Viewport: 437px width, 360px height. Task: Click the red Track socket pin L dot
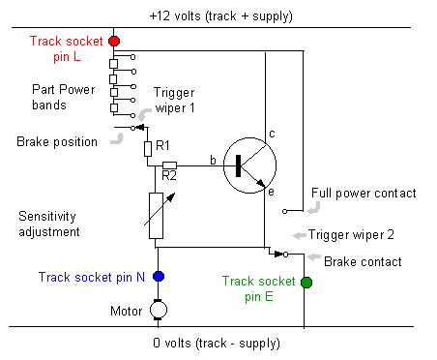tap(114, 42)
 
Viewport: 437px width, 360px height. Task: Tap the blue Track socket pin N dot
tap(159, 277)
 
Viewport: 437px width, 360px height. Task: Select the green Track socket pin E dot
tap(306, 283)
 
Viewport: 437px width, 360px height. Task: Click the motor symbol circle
tap(159, 310)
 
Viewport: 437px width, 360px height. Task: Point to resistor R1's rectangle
tap(148, 149)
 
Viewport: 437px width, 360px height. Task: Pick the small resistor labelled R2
tap(169, 165)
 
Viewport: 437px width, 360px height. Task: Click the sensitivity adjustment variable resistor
tap(156, 216)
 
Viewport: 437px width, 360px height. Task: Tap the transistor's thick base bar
tap(238, 165)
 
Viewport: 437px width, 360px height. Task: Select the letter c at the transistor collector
tap(272, 134)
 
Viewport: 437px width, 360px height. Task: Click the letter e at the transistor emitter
tap(271, 192)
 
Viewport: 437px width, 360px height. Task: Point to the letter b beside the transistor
tap(213, 160)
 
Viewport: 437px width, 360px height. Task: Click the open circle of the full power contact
tap(284, 211)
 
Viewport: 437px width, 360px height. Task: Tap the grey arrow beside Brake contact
tap(314, 257)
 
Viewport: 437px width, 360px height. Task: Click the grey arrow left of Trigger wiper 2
tap(299, 235)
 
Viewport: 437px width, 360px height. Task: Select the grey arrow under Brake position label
tap(117, 139)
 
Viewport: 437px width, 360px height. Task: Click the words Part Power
tap(64, 89)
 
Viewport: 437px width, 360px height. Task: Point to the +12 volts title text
tap(221, 15)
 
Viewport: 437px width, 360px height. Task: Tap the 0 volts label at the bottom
tap(217, 344)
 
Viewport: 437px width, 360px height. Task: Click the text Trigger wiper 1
tap(174, 101)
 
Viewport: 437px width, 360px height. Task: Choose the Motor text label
tap(126, 311)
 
